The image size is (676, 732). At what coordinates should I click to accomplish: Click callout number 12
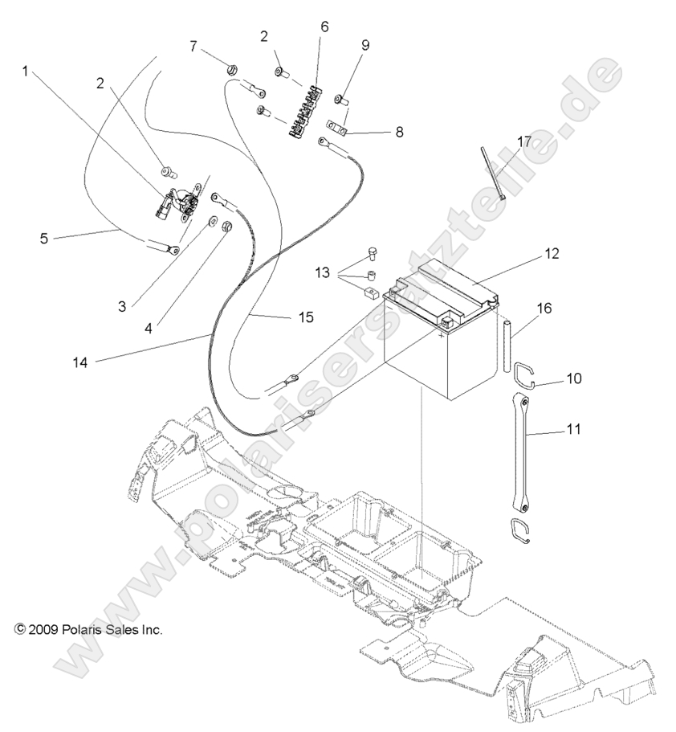click(551, 255)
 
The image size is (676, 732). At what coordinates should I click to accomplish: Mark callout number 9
click(365, 46)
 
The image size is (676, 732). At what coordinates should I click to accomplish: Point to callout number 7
click(193, 46)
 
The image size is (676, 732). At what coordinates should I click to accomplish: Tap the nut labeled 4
click(226, 226)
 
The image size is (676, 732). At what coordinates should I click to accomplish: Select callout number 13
click(321, 273)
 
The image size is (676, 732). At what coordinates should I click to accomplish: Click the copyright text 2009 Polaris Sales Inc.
click(88, 630)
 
